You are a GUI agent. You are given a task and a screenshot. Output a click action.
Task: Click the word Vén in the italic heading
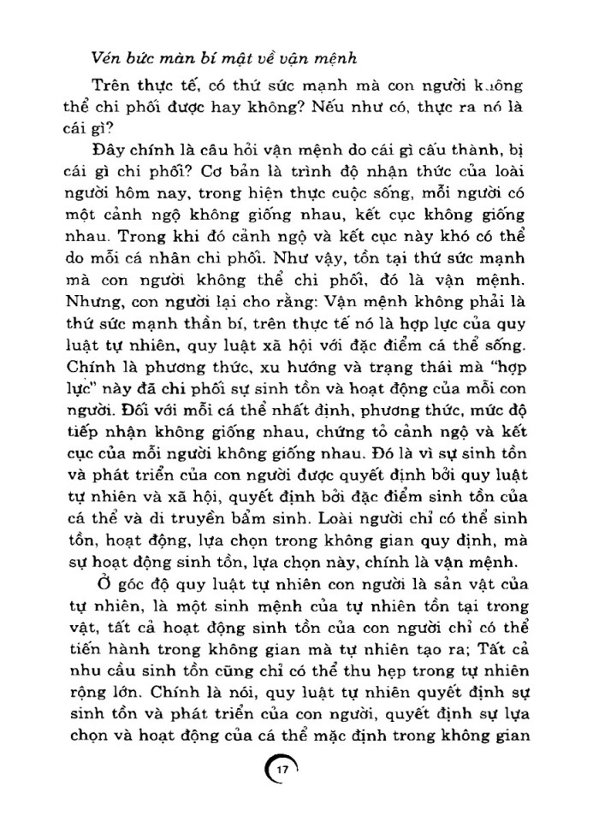[105, 59]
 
